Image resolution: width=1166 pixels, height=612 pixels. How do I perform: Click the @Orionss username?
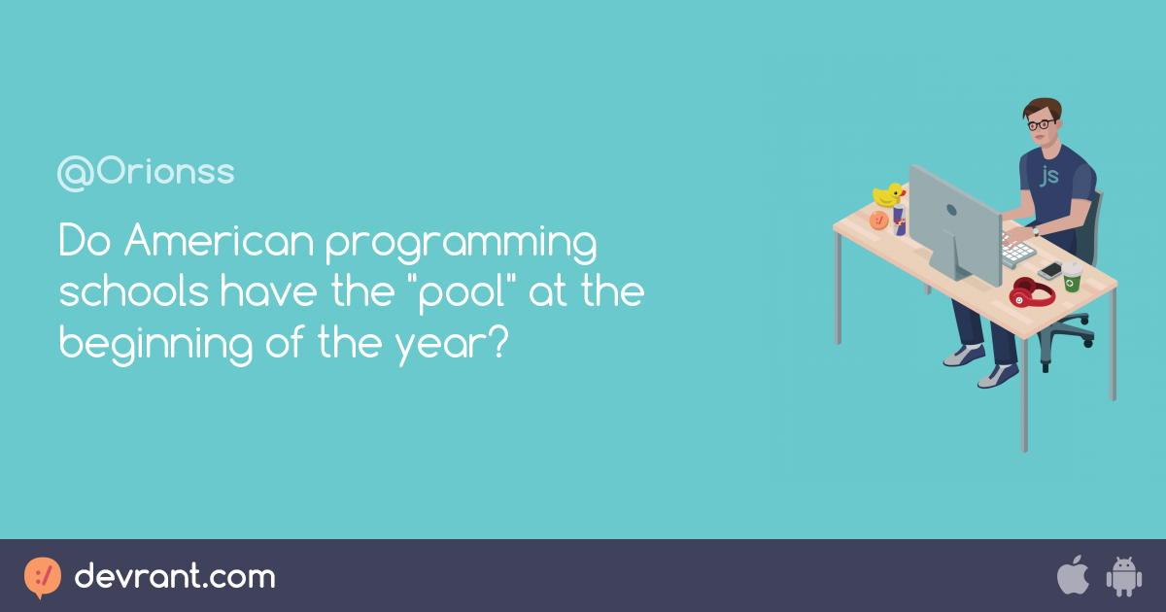(x=146, y=173)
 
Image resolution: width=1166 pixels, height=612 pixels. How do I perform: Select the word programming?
(x=461, y=245)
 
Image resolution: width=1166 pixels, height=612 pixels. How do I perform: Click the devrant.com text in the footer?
(x=175, y=577)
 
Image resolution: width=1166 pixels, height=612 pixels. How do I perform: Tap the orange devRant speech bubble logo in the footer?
(x=42, y=577)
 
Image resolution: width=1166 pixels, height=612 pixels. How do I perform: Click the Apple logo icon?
(x=1072, y=576)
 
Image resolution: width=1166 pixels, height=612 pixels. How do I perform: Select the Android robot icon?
(x=1123, y=577)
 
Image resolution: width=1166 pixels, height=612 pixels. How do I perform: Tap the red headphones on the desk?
(x=1031, y=292)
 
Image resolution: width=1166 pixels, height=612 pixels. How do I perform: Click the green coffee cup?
(x=1071, y=277)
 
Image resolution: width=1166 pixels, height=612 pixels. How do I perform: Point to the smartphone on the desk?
(x=1049, y=270)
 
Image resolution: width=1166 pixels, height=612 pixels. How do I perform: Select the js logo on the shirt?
(x=1049, y=175)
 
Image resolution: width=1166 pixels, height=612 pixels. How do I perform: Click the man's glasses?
(x=1041, y=124)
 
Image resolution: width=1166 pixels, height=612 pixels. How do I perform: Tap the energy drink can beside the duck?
(x=900, y=221)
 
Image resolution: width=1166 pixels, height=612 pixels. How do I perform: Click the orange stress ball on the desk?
(x=878, y=220)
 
